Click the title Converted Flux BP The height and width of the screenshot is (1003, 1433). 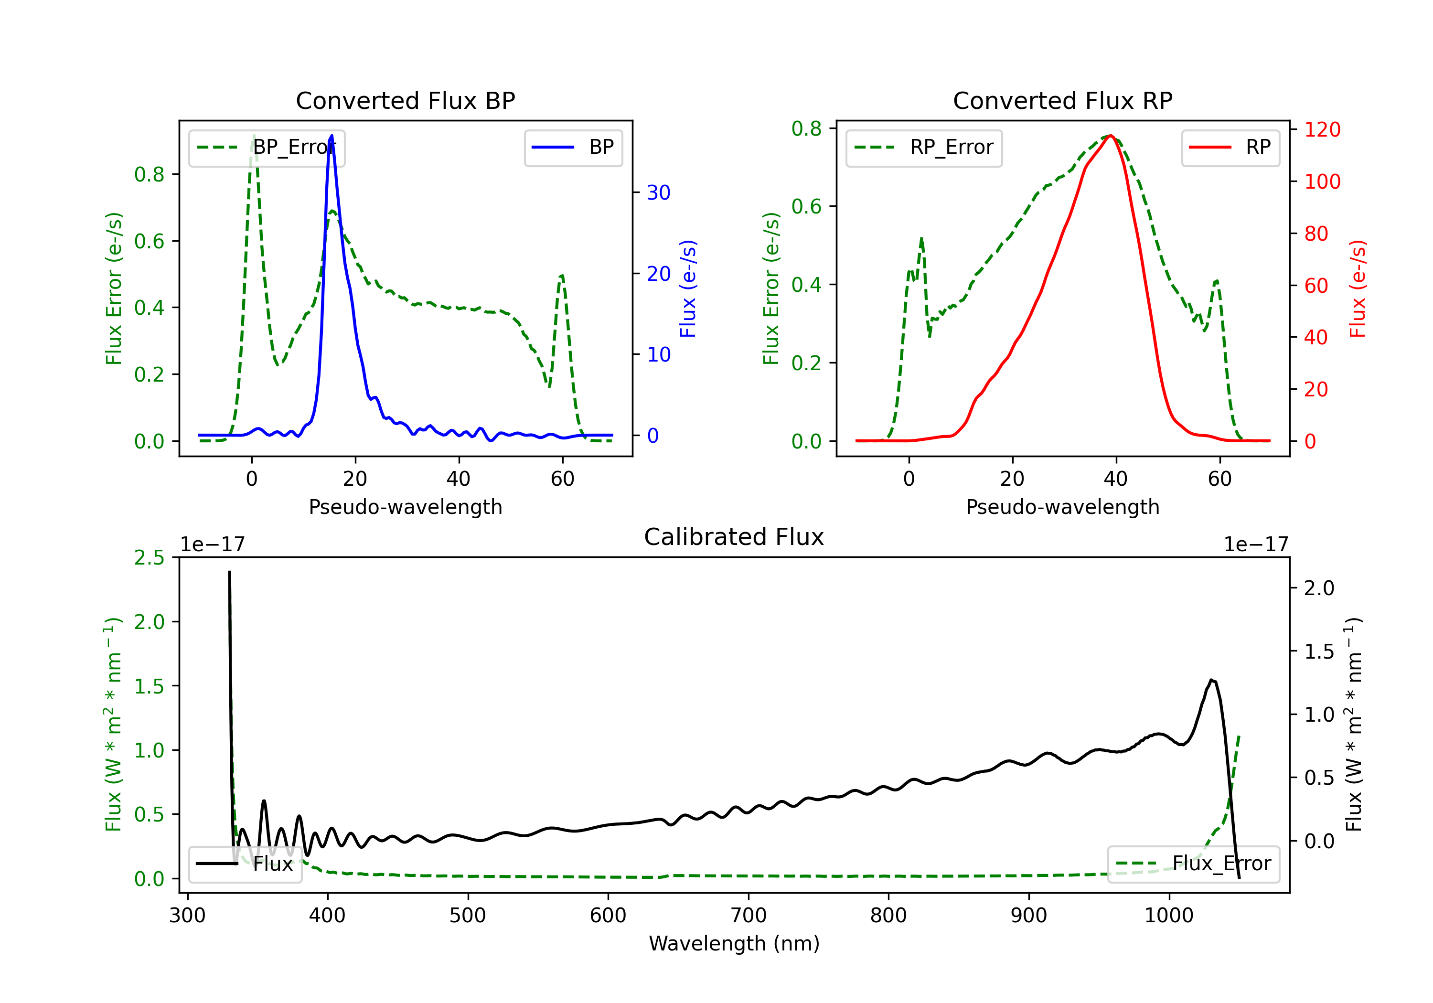point(406,100)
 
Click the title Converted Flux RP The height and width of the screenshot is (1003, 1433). point(1063,100)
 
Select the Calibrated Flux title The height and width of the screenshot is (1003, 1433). point(734,537)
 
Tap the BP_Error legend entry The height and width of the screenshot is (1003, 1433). point(267,147)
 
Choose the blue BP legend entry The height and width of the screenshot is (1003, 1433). point(573,147)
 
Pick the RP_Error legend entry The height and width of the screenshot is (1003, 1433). point(924,147)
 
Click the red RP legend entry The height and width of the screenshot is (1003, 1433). point(1230,147)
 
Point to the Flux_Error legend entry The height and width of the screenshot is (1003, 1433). point(1193,864)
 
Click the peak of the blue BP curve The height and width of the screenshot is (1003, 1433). point(332,136)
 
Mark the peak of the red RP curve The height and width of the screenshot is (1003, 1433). point(1112,136)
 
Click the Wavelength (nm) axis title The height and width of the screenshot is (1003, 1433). point(734,944)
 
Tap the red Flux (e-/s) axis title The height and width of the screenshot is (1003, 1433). point(1358,288)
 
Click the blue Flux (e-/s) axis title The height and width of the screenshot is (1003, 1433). point(688,288)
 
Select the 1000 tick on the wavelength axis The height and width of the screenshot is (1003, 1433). point(1169,916)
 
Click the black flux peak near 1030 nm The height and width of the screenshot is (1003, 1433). point(1211,680)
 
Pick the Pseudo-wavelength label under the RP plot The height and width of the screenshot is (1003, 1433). point(1063,507)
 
